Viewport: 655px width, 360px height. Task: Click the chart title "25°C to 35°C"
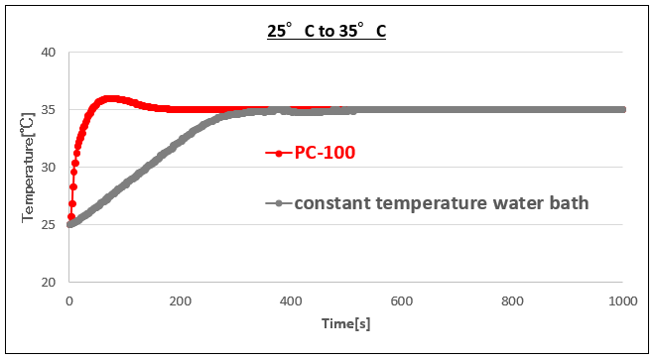pyautogui.click(x=326, y=31)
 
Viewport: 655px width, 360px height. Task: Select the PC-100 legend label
pyautogui.click(x=324, y=153)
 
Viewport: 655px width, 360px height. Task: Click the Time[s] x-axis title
pyautogui.click(x=345, y=324)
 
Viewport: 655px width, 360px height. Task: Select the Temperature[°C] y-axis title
pyautogui.click(x=28, y=166)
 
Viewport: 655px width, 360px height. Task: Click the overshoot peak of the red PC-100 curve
pyautogui.click(x=110, y=98)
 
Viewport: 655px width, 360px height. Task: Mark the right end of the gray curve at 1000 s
pyautogui.click(x=623, y=109)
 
